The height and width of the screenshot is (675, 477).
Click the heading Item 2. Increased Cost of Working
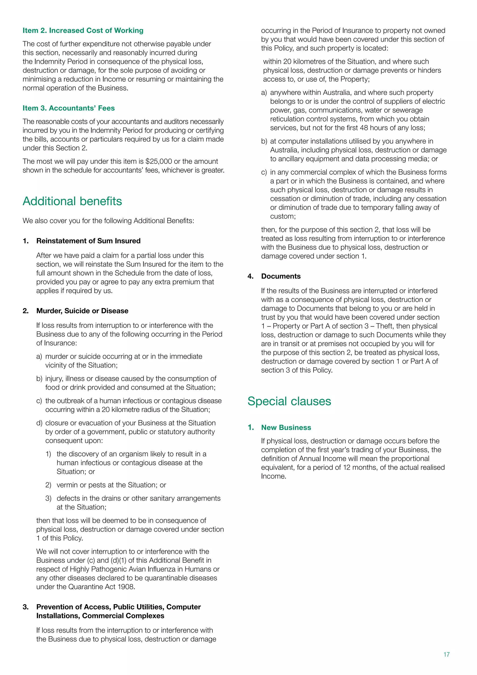pos(83,31)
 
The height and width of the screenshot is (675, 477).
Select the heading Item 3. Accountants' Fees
pos(68,108)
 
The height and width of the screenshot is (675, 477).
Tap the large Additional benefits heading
pos(72,201)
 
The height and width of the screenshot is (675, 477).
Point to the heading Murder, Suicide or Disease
pos(82,311)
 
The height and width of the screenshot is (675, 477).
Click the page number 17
pos(446,654)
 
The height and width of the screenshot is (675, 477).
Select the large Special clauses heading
pos(289,402)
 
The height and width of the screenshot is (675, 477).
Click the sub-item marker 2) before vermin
pos(48,485)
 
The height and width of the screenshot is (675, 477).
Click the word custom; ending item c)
pos(283,216)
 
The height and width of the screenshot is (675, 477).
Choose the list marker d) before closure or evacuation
pos(39,423)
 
